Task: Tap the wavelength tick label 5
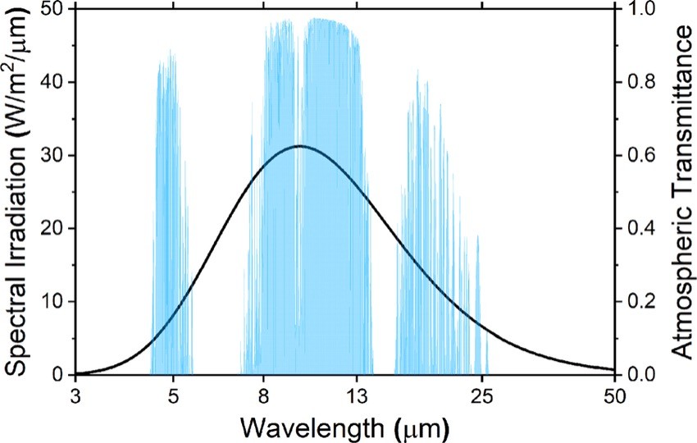tap(173, 394)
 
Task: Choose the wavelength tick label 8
tap(264, 394)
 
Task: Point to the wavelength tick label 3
tap(75, 394)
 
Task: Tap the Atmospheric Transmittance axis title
tap(680, 190)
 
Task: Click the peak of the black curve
tap(299, 146)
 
